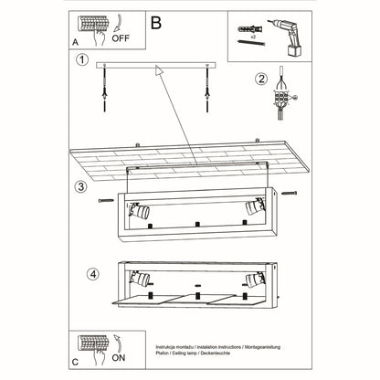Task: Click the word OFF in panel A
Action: [x=121, y=39]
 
